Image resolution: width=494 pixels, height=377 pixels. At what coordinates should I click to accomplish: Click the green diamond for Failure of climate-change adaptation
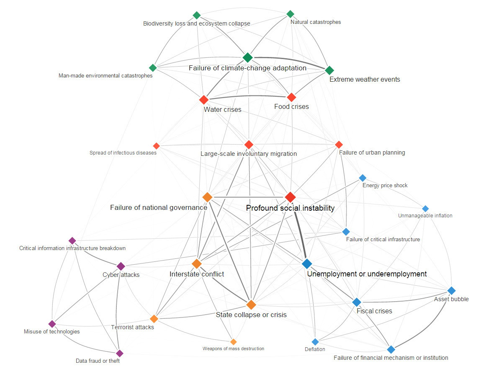[247, 57]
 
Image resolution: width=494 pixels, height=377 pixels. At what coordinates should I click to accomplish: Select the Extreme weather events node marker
[329, 70]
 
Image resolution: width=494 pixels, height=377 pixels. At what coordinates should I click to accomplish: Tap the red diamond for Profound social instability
[290, 197]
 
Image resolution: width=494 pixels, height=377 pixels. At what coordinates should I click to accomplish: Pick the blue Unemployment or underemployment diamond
[306, 263]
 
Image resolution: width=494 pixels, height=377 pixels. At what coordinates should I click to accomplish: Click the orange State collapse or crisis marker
[251, 305]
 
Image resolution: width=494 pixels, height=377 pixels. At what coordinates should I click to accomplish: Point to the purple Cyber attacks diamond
[121, 266]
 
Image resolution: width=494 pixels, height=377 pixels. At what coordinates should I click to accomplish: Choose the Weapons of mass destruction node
[234, 342]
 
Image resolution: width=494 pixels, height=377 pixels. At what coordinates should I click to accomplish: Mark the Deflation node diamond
[315, 342]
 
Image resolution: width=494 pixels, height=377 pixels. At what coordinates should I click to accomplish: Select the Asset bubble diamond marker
[451, 290]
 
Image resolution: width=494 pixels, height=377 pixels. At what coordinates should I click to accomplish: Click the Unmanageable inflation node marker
[425, 209]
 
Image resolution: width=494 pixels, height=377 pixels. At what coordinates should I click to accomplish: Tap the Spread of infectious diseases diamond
[156, 146]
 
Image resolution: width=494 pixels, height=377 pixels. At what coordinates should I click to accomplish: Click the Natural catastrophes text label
[316, 22]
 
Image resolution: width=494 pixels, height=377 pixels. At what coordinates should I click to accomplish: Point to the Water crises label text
[222, 110]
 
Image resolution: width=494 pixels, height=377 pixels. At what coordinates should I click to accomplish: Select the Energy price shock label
[385, 186]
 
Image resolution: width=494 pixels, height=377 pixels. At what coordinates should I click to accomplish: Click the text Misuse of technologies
[51, 332]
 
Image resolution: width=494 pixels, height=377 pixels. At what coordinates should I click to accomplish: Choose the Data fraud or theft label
[98, 361]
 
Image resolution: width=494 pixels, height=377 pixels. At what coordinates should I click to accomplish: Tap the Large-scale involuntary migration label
[249, 154]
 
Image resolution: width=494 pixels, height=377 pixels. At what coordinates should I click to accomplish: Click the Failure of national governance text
[159, 208]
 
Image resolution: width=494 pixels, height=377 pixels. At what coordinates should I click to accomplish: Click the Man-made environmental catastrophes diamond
[153, 68]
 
